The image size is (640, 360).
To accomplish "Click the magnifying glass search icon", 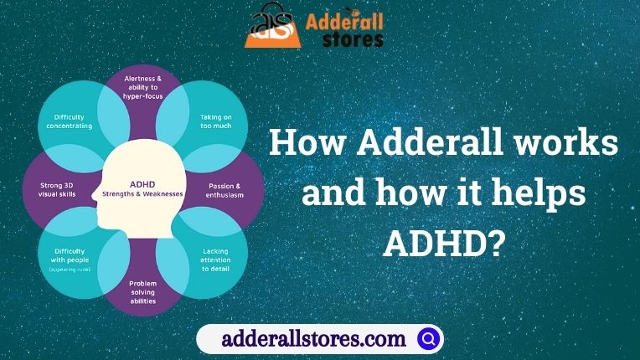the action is click(x=428, y=338).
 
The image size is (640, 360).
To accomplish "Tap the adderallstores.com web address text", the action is click(x=313, y=339).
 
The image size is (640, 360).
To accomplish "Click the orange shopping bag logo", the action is click(x=272, y=26).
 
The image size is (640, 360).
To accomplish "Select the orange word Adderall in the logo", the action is click(x=344, y=21).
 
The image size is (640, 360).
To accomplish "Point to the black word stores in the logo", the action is click(x=353, y=39).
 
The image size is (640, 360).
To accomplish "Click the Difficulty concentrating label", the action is click(x=70, y=121).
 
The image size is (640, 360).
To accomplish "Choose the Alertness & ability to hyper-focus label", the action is click(x=143, y=87).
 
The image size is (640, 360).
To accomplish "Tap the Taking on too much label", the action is click(x=216, y=121).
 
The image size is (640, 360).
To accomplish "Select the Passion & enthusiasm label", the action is click(x=225, y=190).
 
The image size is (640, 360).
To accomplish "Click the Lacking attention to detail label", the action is click(x=215, y=260).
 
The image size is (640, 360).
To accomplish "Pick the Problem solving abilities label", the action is click(x=143, y=292).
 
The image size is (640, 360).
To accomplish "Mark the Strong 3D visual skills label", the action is click(x=57, y=190).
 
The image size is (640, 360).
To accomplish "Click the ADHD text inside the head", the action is click(x=142, y=185).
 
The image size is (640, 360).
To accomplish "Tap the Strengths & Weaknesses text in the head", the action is click(x=142, y=194).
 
